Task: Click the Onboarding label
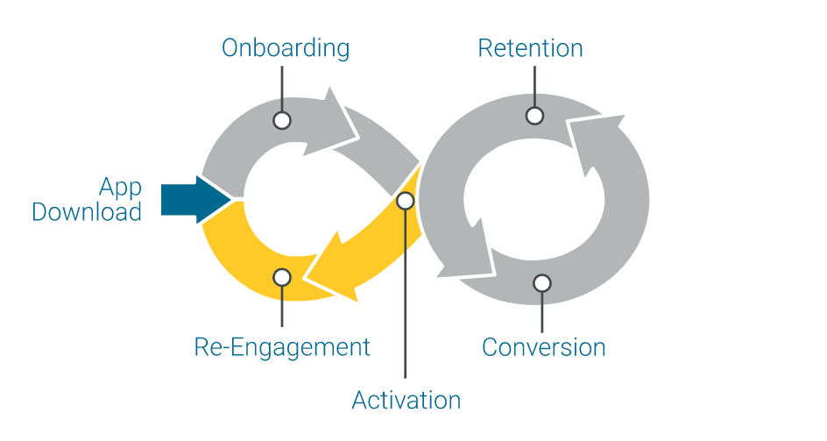pos(285,47)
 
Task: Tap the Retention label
pos(530,47)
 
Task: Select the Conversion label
pos(543,347)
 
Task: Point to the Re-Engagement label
pos(282,347)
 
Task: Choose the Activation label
pos(406,401)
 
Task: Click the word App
pos(120,188)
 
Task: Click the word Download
pos(87,212)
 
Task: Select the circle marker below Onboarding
pos(281,120)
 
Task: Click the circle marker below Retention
pos(534,115)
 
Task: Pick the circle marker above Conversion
pos(542,283)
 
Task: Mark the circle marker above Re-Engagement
pos(281,277)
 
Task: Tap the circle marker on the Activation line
pos(405,201)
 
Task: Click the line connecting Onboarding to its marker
pos(281,88)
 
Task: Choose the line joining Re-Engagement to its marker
pos(281,307)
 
